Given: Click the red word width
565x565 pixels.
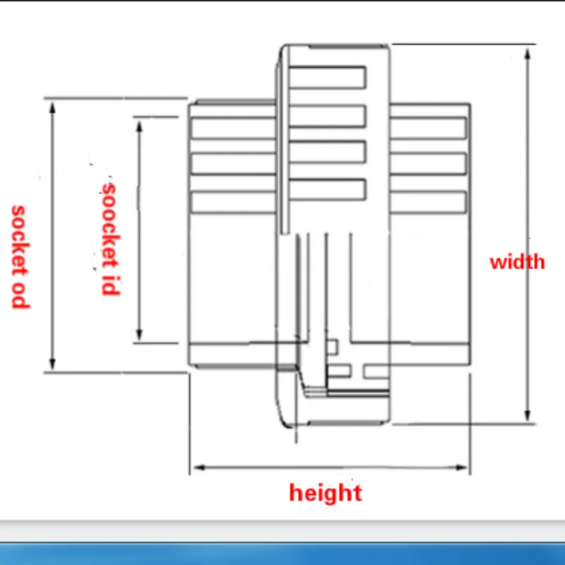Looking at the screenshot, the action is (x=517, y=262).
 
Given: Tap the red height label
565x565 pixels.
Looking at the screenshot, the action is (x=325, y=492).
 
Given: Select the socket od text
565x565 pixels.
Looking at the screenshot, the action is (x=19, y=256).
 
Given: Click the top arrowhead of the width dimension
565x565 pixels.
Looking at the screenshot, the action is (x=527, y=52).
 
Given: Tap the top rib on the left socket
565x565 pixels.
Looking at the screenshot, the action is (x=233, y=128).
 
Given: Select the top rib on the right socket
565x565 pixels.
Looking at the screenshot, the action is (x=428, y=128).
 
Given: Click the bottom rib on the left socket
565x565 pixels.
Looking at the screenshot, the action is (x=233, y=202).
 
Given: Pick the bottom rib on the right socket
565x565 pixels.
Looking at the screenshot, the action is (x=428, y=202).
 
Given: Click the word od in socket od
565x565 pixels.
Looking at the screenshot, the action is (x=19, y=295).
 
